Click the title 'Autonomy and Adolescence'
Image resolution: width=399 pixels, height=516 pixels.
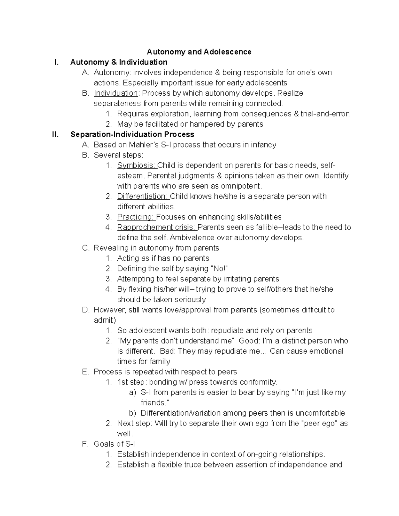tap(199, 52)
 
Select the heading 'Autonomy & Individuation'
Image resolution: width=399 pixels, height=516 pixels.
tap(119, 62)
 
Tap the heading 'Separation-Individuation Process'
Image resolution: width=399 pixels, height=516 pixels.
tap(132, 134)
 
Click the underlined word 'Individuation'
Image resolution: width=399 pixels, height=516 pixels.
tap(115, 93)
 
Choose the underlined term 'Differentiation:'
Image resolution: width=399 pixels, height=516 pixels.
tap(143, 196)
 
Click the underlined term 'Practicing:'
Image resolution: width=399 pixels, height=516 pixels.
tap(136, 217)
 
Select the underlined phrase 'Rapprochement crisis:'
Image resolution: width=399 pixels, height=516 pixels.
tap(156, 227)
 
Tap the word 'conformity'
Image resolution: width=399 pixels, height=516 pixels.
tap(258, 382)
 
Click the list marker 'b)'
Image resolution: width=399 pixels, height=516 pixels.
tap(133, 413)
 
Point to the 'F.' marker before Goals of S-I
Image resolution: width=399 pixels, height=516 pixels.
tap(85, 444)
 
